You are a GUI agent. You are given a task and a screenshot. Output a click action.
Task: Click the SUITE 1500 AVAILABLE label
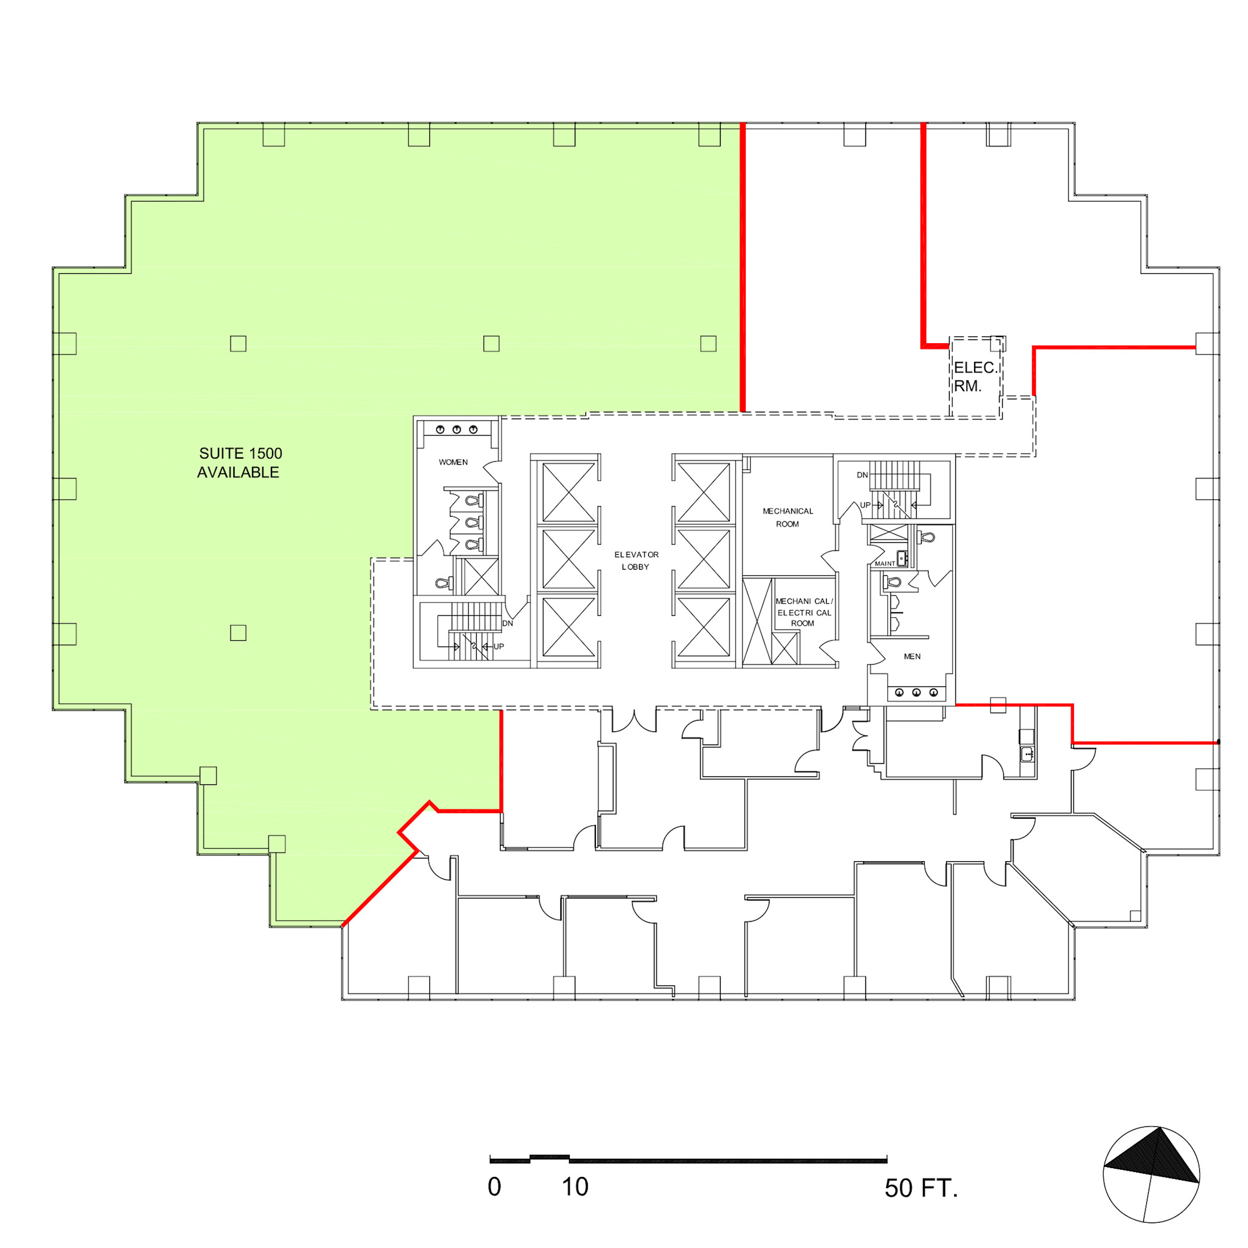[240, 462]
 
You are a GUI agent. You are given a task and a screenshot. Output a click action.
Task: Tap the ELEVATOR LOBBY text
[636, 560]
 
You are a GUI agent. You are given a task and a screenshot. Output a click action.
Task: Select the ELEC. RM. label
[975, 377]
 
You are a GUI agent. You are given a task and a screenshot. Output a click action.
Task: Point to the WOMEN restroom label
[453, 462]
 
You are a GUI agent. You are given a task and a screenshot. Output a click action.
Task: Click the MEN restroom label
[912, 656]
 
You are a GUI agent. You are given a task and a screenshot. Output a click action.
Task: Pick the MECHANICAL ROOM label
[787, 517]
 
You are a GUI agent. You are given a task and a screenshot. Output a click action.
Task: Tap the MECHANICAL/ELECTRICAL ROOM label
[804, 612]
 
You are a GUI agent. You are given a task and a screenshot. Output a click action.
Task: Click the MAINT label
[884, 564]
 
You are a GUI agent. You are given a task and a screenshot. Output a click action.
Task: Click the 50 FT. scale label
[921, 1188]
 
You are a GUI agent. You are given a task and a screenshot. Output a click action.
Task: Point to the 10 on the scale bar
[574, 1187]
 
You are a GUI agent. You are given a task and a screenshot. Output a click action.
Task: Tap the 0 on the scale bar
[494, 1187]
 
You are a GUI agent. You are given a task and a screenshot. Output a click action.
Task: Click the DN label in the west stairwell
[508, 623]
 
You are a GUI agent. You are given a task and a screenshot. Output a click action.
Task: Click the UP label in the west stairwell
[499, 646]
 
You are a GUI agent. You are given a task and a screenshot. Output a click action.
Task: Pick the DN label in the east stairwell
[862, 475]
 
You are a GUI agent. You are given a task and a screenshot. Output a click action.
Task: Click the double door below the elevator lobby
[635, 719]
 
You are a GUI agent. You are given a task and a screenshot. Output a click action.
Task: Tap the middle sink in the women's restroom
[457, 429]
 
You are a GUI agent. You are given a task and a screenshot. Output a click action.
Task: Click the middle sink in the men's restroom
[916, 693]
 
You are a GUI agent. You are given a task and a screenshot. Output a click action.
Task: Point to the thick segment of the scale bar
[550, 1156]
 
